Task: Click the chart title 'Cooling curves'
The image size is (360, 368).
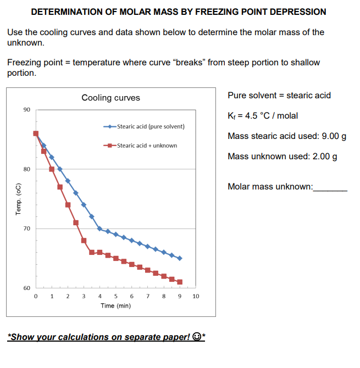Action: tap(110, 98)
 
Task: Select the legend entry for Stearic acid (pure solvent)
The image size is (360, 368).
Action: tap(150, 126)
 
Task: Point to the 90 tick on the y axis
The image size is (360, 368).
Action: tap(27, 109)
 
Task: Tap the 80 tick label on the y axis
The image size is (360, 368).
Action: tap(27, 169)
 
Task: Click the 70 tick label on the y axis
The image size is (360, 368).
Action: tap(27, 228)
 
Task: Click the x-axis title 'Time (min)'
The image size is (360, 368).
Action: tap(115, 305)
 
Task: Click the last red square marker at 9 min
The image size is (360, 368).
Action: tap(180, 282)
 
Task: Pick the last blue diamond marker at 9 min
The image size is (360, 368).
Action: tap(180, 258)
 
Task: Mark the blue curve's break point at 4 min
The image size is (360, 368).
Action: tap(99, 228)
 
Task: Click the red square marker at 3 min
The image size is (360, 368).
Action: tap(84, 240)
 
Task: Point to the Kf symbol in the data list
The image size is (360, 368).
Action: tap(231, 116)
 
